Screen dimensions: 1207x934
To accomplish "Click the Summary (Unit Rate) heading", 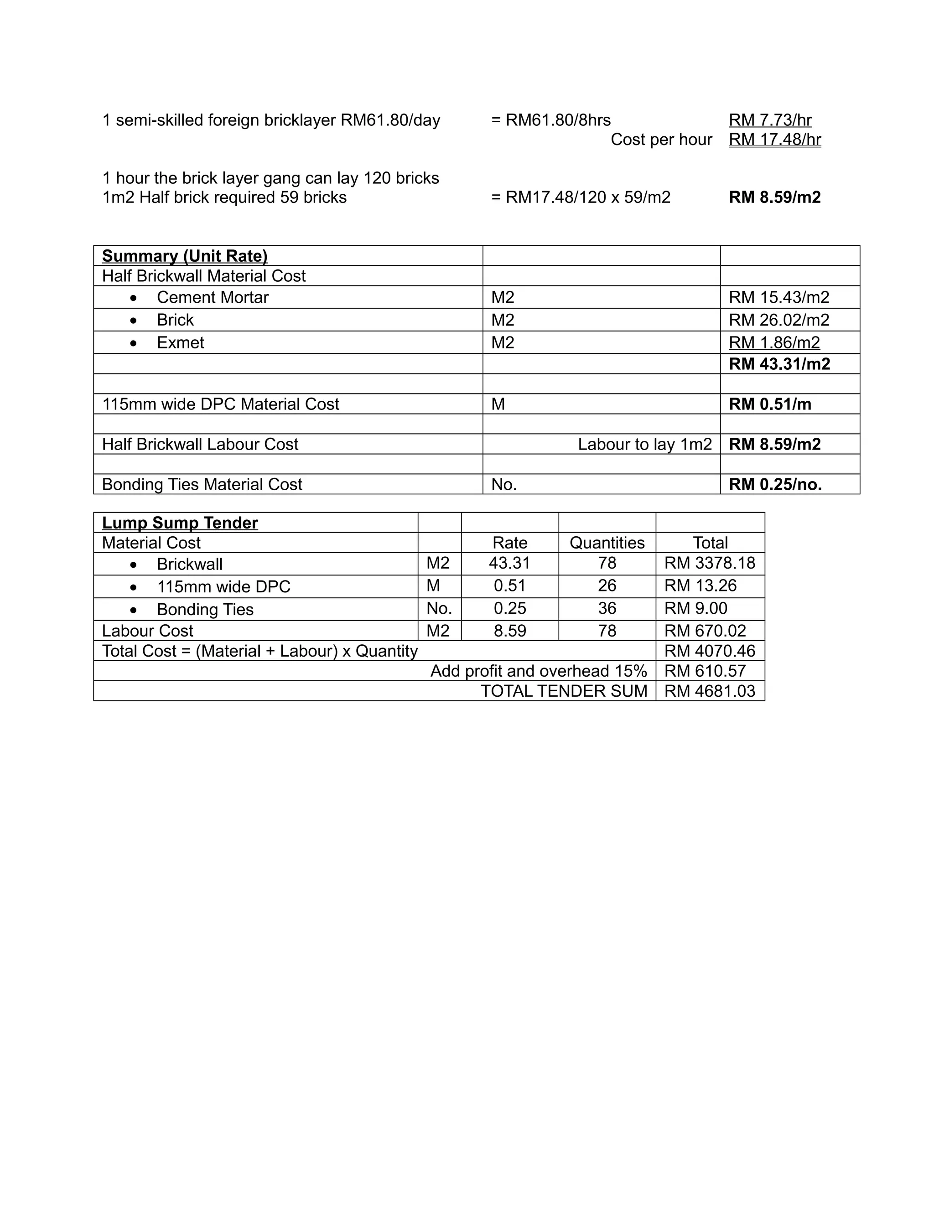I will [185, 256].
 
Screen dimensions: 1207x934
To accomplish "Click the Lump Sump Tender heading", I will [180, 523].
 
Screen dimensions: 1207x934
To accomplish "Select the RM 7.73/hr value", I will [770, 120].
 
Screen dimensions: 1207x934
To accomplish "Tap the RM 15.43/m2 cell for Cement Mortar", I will [778, 297].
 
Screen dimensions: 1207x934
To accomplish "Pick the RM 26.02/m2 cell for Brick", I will [778, 320].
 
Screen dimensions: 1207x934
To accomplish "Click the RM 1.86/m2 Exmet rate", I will [774, 342].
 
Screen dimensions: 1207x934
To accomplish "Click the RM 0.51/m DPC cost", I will [770, 404].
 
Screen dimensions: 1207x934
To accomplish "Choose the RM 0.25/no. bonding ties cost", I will [775, 485].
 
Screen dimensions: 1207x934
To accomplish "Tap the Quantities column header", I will [607, 543].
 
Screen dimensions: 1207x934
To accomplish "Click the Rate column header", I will [509, 543].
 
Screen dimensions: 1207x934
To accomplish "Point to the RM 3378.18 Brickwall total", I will [710, 563].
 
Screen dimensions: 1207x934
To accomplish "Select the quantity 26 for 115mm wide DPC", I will [607, 586].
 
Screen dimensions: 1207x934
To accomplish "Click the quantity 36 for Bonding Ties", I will [607, 608].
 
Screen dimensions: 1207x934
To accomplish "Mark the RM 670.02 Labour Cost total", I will [705, 631].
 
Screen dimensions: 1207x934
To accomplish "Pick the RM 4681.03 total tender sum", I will [710, 691].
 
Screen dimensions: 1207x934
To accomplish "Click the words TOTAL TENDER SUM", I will [564, 691].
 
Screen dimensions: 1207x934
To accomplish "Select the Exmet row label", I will [180, 342].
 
